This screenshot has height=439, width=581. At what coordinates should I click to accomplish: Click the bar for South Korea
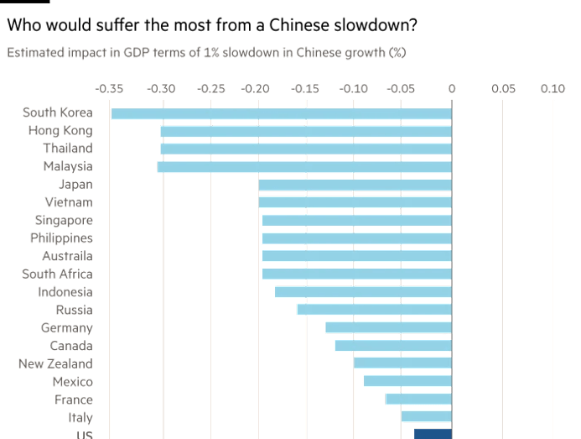click(x=281, y=113)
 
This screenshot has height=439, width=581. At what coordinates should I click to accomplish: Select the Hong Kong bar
click(x=306, y=131)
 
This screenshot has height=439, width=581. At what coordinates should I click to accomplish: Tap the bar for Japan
click(x=355, y=185)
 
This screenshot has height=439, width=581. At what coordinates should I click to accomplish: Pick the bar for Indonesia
click(x=363, y=292)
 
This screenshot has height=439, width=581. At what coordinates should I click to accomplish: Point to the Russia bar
click(x=374, y=310)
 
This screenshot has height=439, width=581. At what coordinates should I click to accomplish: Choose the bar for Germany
click(x=388, y=327)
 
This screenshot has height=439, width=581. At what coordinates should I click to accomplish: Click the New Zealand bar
click(x=402, y=363)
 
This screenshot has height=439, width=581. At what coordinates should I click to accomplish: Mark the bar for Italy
click(x=426, y=416)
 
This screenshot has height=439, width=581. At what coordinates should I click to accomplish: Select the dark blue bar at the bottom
click(x=433, y=433)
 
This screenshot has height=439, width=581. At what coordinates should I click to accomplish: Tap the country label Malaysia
click(x=67, y=166)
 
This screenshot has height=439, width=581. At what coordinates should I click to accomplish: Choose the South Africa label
click(x=57, y=274)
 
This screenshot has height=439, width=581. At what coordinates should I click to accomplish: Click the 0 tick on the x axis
click(x=452, y=87)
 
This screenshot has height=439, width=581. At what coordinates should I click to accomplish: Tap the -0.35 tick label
click(x=111, y=87)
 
